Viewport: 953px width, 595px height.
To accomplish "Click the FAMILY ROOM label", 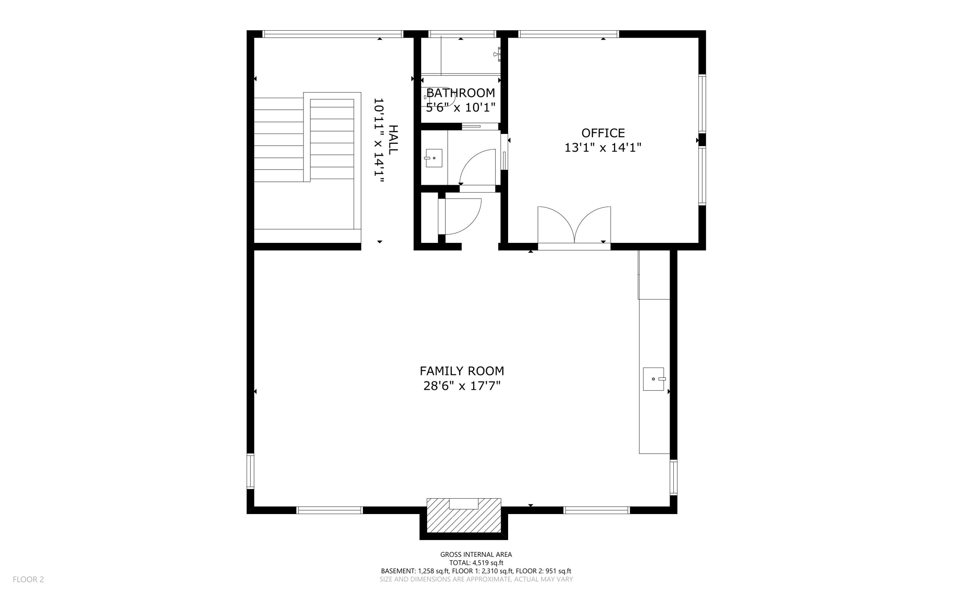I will click(x=462, y=371).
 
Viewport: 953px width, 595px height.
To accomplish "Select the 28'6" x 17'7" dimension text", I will click(x=462, y=386).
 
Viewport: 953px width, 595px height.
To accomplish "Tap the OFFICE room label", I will click(x=603, y=133).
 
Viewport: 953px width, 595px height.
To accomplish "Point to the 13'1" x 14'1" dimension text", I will click(x=603, y=148).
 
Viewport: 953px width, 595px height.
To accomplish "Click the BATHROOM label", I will click(x=461, y=93).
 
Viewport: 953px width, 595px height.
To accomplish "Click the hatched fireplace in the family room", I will click(x=464, y=515).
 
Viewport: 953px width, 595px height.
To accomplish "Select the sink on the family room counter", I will click(x=654, y=379).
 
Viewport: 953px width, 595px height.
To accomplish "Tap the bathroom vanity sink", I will click(x=434, y=158).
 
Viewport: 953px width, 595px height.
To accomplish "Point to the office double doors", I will click(x=574, y=226).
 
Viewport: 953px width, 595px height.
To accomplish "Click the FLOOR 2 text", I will click(x=28, y=579).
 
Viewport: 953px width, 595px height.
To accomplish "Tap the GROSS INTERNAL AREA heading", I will click(x=476, y=554).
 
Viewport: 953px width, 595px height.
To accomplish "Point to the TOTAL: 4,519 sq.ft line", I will click(x=476, y=562).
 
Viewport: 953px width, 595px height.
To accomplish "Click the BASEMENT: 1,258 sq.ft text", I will click(x=415, y=571).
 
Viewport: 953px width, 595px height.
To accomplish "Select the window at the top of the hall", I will click(x=332, y=34).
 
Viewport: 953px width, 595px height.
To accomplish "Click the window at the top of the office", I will click(x=569, y=34).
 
